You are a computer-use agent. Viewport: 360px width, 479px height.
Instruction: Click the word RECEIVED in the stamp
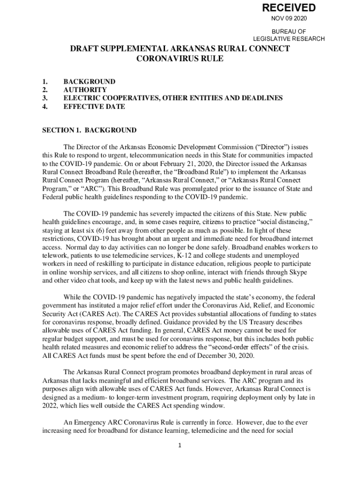[x=288, y=8]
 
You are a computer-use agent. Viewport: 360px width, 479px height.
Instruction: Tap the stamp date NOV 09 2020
[x=289, y=19]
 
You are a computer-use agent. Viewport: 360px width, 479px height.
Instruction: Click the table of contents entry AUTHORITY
[x=85, y=89]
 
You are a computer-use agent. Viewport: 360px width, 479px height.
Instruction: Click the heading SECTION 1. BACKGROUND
[x=89, y=130]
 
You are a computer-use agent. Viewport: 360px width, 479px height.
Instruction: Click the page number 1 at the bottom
[x=180, y=445]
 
